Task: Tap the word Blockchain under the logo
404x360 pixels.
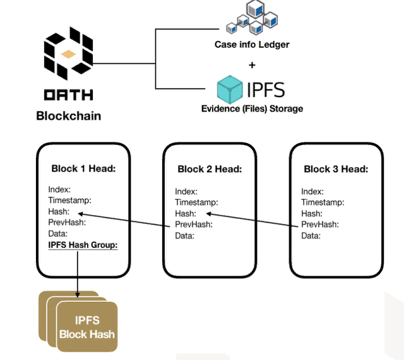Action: (68, 116)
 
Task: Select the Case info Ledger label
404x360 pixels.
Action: (252, 44)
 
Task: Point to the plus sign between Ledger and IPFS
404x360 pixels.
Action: (252, 64)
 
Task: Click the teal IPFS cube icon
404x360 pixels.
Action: (230, 89)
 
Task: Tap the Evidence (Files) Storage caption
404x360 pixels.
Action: (252, 108)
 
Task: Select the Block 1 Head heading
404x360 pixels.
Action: (83, 169)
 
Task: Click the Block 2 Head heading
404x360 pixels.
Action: (210, 169)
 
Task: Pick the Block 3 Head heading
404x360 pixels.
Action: (336, 169)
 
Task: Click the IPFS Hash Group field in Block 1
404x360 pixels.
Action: (83, 245)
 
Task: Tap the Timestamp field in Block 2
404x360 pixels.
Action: (196, 202)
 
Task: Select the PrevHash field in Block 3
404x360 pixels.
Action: (319, 224)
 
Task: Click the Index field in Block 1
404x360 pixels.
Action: (59, 189)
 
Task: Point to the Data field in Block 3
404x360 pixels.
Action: (311, 236)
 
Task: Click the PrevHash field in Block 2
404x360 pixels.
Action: (193, 224)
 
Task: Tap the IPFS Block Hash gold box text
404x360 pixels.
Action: (87, 327)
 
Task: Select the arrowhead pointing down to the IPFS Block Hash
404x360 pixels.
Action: (78, 293)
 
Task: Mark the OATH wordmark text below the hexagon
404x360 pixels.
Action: (68, 95)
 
